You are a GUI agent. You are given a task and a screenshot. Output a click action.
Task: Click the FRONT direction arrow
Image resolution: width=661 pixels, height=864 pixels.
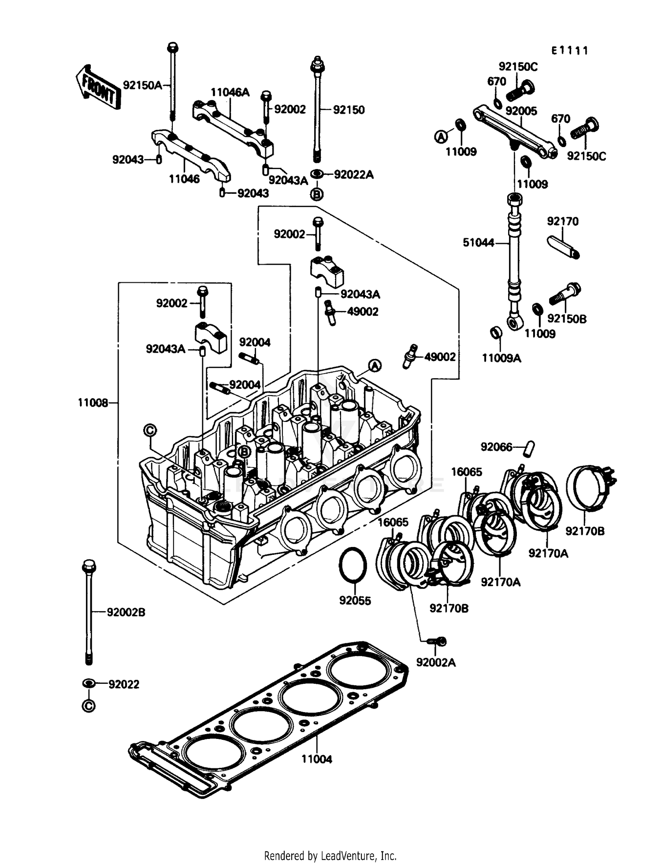click(x=96, y=87)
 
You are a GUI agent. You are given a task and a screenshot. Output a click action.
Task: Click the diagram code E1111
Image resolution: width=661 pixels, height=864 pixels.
click(x=569, y=51)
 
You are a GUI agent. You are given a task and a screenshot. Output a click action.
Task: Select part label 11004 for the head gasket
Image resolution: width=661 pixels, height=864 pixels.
click(x=316, y=759)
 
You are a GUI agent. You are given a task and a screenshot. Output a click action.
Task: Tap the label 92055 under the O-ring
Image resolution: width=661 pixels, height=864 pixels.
click(x=355, y=601)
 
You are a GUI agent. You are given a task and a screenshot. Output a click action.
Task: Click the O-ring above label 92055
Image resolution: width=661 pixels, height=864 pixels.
click(x=353, y=565)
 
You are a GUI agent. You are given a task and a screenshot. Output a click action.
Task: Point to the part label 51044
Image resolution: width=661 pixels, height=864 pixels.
click(x=479, y=242)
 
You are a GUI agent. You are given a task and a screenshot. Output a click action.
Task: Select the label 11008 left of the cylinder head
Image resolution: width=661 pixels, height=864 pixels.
click(x=93, y=402)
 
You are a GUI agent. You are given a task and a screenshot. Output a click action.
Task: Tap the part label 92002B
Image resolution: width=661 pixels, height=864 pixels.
click(x=126, y=612)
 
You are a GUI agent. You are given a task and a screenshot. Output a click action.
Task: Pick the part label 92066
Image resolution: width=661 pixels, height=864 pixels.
click(x=497, y=447)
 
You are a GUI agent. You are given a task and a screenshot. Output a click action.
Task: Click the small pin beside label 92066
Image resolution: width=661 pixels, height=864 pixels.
click(x=527, y=447)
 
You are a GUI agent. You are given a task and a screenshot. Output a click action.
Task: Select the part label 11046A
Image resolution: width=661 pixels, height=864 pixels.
click(x=230, y=92)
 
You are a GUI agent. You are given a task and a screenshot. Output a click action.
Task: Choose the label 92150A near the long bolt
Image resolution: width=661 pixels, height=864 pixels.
click(x=142, y=85)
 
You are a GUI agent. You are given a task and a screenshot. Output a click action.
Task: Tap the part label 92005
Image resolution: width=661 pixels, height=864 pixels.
click(x=521, y=111)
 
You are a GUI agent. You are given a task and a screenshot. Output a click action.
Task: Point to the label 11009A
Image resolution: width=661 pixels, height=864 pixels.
click(x=501, y=358)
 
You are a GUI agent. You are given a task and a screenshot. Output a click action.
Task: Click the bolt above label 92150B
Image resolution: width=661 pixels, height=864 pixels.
click(x=565, y=294)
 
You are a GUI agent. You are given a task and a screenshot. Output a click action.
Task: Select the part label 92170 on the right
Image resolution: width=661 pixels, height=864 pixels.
click(x=563, y=221)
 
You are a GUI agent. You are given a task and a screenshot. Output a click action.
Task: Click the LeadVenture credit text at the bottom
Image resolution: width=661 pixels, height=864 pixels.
click(x=330, y=856)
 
